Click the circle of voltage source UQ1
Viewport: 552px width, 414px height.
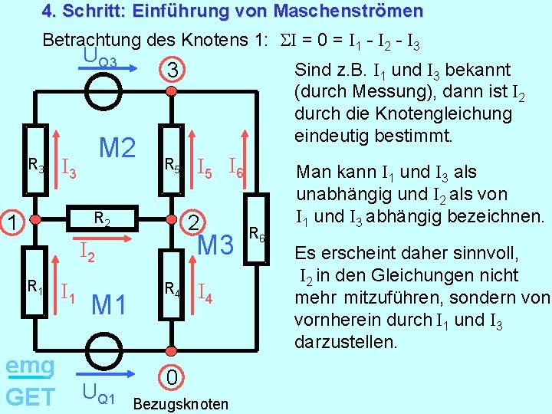pyautogui.click(x=98, y=352)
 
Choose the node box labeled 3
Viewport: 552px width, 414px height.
pyautogui.click(x=173, y=71)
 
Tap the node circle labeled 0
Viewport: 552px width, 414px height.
pyautogui.click(x=173, y=376)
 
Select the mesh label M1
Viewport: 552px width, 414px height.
pyautogui.click(x=109, y=304)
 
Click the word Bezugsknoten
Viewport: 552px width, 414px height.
pyautogui.click(x=181, y=403)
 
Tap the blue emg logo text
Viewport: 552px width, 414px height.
pyautogui.click(x=30, y=366)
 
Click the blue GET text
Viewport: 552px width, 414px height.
pyautogui.click(x=30, y=396)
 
